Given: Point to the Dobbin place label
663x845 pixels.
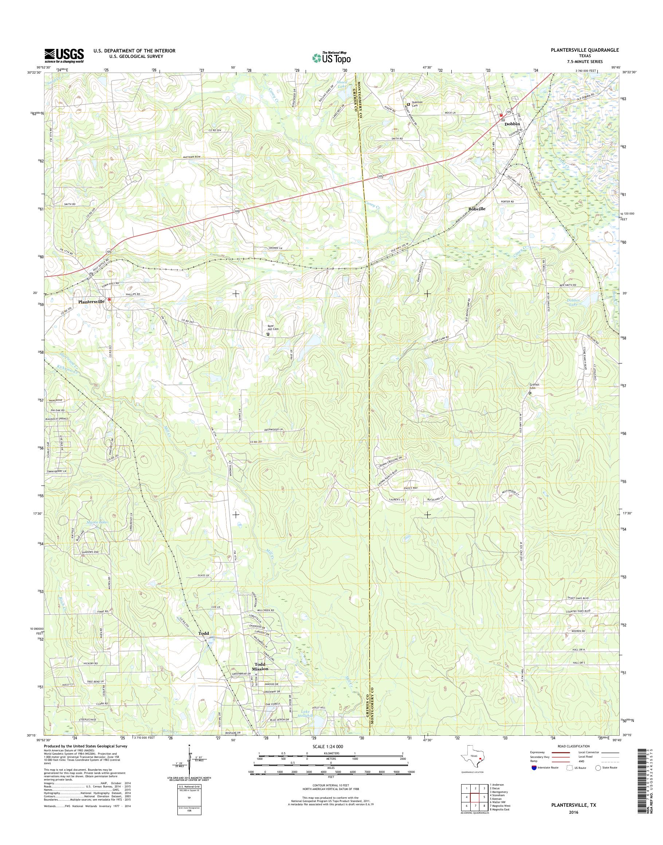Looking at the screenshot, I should pos(511,124).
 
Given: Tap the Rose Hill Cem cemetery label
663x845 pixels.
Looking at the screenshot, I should pos(273,327).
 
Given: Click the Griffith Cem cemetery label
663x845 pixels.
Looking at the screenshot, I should pos(534,386).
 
